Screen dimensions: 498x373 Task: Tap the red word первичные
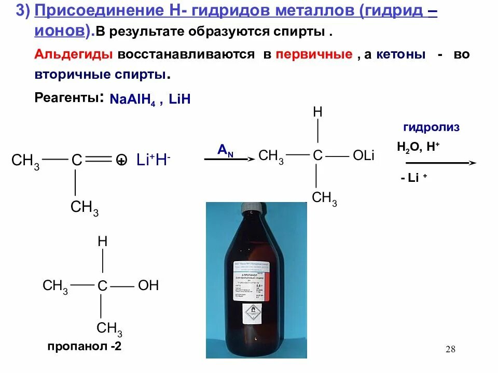point(314,55)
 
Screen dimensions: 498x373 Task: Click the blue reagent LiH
point(179,100)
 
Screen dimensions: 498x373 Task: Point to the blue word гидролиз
point(432,127)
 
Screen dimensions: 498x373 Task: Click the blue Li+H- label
point(154,161)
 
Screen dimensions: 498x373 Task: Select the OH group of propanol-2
point(148,285)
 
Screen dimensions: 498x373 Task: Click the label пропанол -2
point(85,347)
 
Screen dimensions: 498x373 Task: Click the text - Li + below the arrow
point(413,178)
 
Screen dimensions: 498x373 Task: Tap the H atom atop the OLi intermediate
point(317,112)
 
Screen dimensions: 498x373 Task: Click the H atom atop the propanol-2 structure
point(103,242)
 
